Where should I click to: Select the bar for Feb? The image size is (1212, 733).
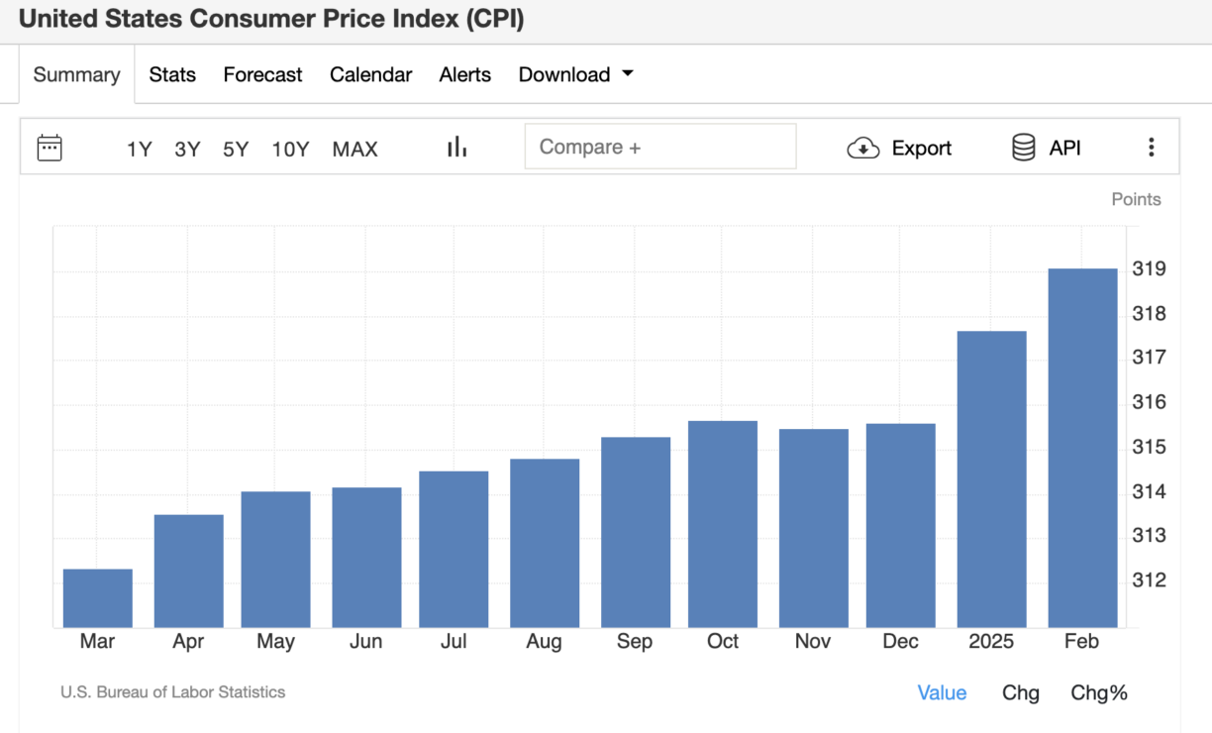pos(1082,448)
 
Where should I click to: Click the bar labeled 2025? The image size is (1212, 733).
pos(991,479)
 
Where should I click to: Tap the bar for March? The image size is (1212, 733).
pos(97,598)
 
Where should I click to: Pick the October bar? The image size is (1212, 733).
pos(723,524)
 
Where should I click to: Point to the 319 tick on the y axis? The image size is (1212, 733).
pos(1149,269)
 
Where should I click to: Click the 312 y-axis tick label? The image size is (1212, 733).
pos(1149,580)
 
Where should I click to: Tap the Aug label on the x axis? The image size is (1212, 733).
pos(544,642)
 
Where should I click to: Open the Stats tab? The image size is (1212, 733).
pos(172,74)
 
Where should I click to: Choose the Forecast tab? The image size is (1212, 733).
pos(262,74)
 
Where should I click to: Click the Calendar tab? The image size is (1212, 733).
pos(370,74)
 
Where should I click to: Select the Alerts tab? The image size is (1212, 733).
pos(464,74)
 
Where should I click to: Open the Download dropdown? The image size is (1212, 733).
pos(575,74)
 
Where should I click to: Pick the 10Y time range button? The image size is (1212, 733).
pos(290,149)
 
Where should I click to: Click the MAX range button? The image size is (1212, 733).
pos(354,149)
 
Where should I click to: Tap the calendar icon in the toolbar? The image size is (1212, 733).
pos(50,148)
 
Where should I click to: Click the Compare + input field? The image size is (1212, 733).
pos(659,147)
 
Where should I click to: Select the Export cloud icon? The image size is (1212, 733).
pos(863,149)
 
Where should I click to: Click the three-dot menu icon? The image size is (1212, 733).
pos(1151,148)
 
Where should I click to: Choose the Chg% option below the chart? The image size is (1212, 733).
pos(1098,693)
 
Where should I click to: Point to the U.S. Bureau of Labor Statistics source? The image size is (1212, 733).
pos(172,692)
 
